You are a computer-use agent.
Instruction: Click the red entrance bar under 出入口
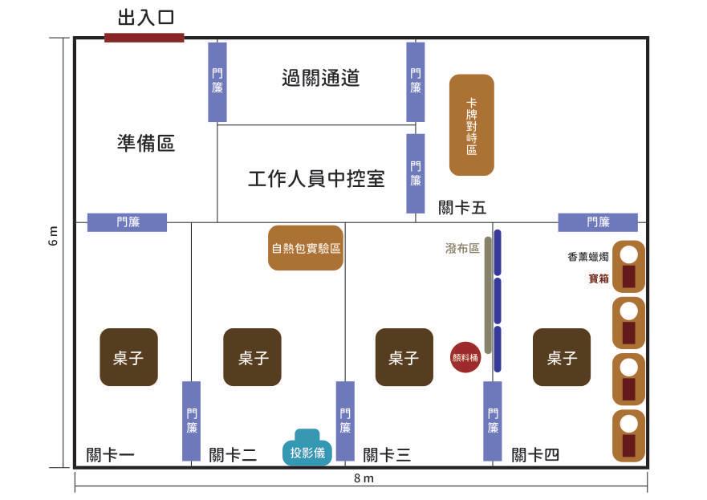144,38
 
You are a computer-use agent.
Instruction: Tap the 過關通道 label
320,78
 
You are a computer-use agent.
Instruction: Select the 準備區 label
145,144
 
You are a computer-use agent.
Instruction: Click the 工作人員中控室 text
316,178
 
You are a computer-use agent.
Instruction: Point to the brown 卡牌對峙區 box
471,124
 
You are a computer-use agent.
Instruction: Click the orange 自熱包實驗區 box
306,248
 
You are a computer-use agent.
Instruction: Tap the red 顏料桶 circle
465,358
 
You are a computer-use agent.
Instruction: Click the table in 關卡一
128,357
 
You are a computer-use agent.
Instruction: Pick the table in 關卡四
562,357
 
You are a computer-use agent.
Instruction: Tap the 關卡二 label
233,455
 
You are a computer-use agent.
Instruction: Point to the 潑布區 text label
462,249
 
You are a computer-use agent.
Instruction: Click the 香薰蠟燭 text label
587,258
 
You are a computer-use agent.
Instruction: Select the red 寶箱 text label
598,278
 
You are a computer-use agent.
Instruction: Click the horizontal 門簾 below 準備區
127,222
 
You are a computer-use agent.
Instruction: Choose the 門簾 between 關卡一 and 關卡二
191,421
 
